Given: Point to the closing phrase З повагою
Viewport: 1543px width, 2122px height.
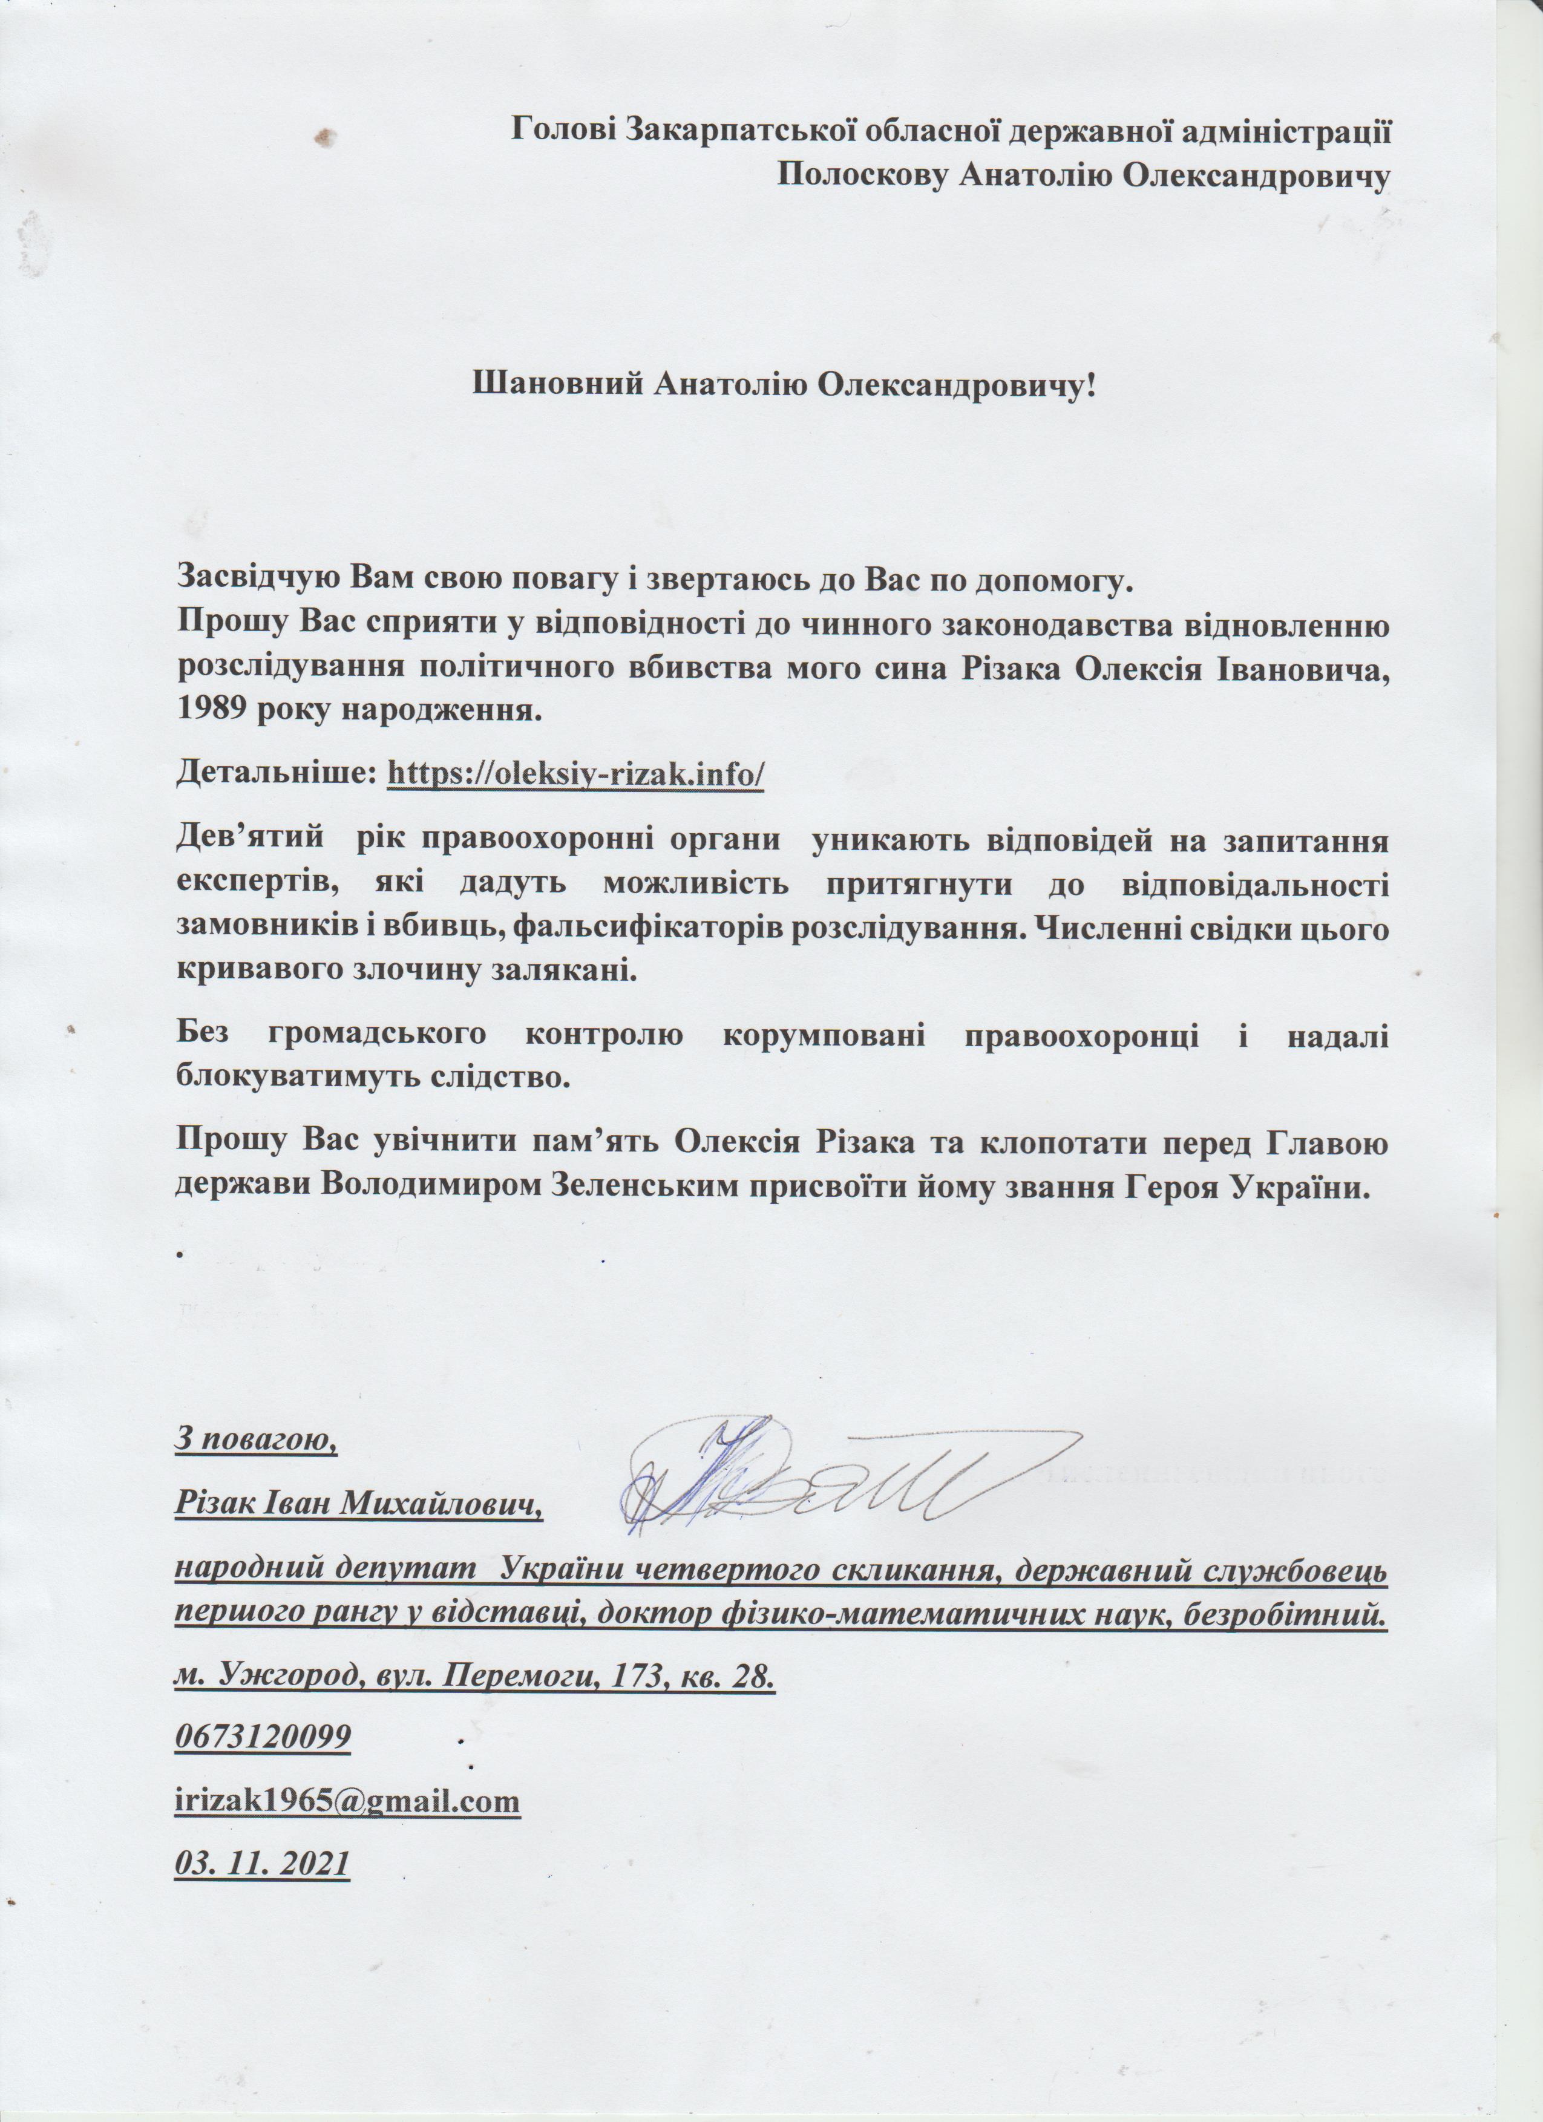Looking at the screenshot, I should [x=255, y=1440].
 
